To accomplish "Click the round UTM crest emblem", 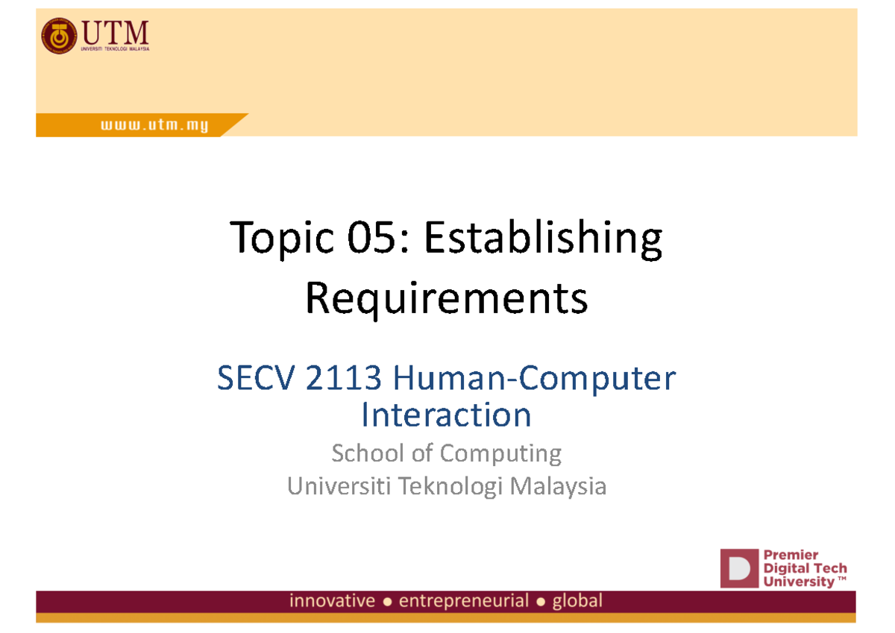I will tap(58, 37).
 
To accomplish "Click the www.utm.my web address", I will tap(154, 126).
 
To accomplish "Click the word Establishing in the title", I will tap(542, 240).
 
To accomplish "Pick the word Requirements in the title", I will tap(447, 300).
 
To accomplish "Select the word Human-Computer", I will tap(535, 380).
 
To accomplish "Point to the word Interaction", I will tap(446, 415).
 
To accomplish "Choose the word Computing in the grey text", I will tap(500, 454).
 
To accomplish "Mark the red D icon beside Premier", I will tap(738, 568).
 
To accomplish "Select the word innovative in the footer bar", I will tap(333, 601).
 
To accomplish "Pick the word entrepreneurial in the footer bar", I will tap(464, 601).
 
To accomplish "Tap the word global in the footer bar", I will tap(577, 601).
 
